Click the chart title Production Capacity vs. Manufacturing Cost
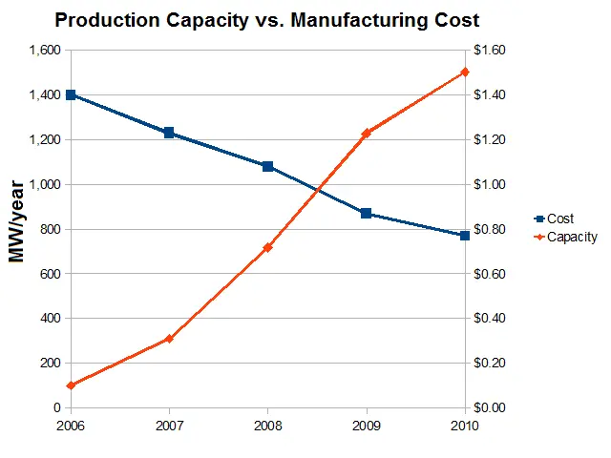click(266, 19)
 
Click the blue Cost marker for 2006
click(71, 95)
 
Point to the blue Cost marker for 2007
click(169, 133)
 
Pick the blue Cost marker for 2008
click(267, 166)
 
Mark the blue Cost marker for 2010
click(464, 235)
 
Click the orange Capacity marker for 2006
click(71, 385)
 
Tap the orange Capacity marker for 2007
click(169, 339)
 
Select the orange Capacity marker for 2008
click(267, 247)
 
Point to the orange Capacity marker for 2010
click(464, 73)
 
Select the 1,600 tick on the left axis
click(44, 51)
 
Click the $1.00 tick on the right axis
click(489, 184)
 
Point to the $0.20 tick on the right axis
click(489, 363)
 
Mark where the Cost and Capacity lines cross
click(317, 189)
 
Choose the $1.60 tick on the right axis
click(489, 51)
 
